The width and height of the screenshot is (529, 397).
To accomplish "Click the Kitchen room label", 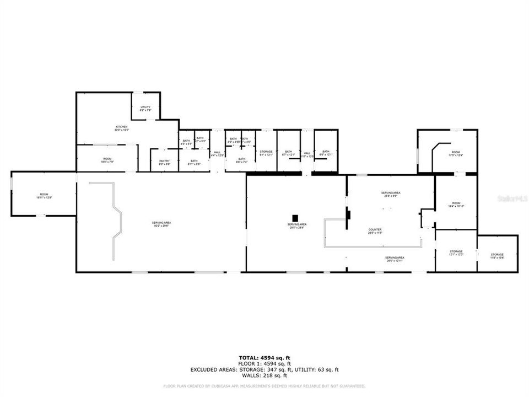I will pyautogui.click(x=121, y=128).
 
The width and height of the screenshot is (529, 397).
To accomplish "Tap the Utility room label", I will pyautogui.click(x=145, y=109).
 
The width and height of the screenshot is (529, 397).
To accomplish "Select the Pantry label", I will pyautogui.click(x=164, y=162).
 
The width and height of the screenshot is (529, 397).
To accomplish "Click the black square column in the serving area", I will pyautogui.click(x=295, y=217).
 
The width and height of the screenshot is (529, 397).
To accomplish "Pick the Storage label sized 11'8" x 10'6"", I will pyautogui.click(x=497, y=256).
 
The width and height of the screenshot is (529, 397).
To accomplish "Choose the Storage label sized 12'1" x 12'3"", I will pyautogui.click(x=456, y=253).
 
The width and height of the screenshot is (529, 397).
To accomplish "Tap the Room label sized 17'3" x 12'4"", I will pyautogui.click(x=456, y=153).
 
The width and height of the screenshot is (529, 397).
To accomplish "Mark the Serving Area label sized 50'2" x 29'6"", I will pyautogui.click(x=161, y=224).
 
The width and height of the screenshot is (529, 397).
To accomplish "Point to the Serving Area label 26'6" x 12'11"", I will pyautogui.click(x=395, y=259).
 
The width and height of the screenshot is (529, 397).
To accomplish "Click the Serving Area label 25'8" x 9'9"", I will pyautogui.click(x=391, y=194).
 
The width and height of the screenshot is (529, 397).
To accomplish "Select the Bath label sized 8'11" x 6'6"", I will pyautogui.click(x=194, y=162).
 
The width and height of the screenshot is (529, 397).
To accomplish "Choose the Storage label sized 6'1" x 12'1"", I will pyautogui.click(x=266, y=153).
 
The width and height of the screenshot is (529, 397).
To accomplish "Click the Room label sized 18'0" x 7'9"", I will pyautogui.click(x=107, y=160).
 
